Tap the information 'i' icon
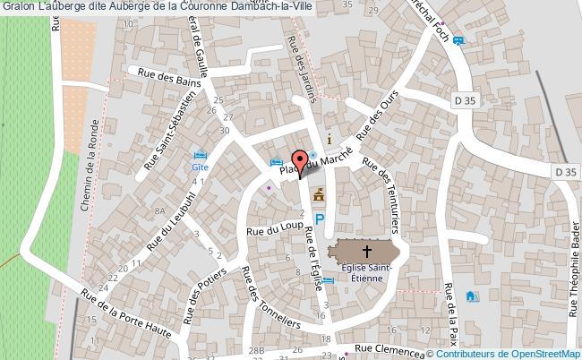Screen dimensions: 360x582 (x=330, y=140)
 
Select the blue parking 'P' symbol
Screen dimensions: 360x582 (x=319, y=219)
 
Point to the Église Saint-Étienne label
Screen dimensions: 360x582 (x=364, y=271)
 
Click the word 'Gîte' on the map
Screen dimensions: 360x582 (x=199, y=166)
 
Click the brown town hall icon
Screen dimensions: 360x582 (x=319, y=194)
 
